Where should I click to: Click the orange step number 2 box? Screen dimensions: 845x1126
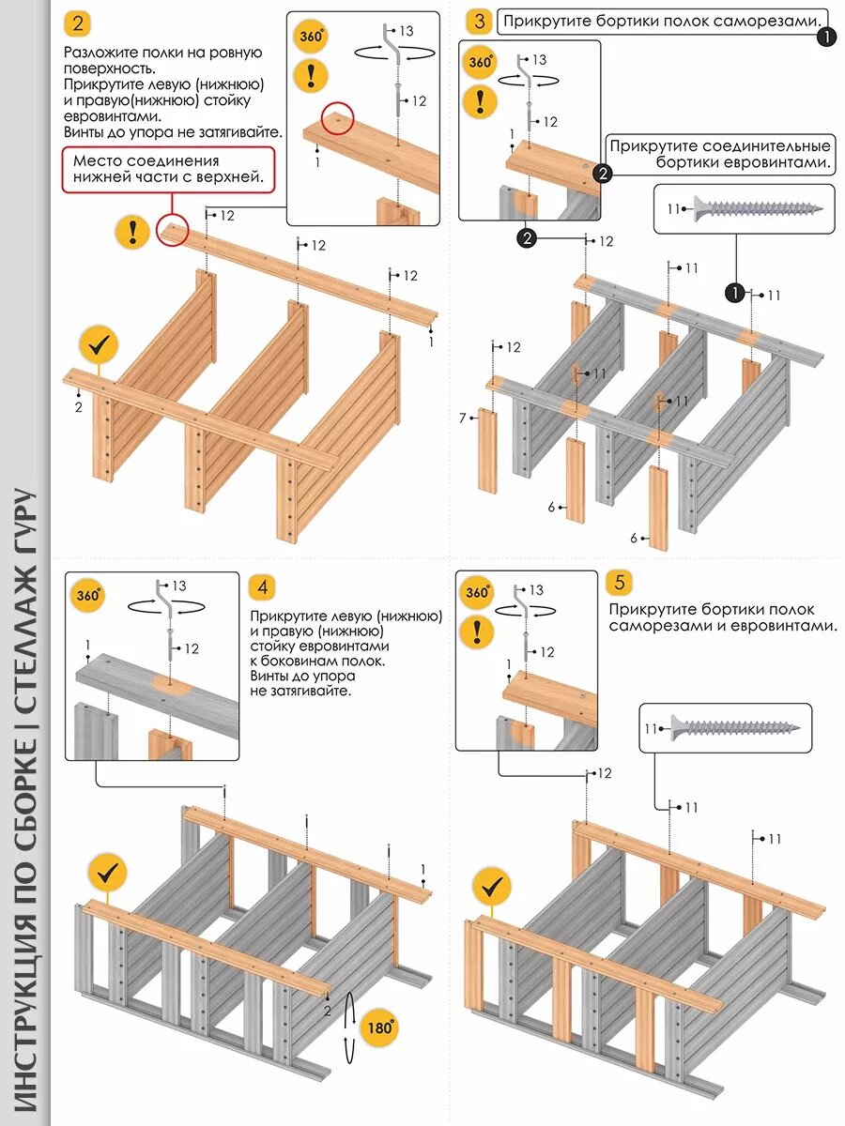(x=77, y=23)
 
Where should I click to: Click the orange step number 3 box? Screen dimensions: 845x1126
(x=481, y=22)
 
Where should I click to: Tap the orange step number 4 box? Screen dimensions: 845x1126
(x=263, y=587)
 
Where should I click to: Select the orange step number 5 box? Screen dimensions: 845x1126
(x=619, y=583)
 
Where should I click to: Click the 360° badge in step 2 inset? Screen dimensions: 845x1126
(x=312, y=38)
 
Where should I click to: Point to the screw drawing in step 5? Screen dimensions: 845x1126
(x=732, y=726)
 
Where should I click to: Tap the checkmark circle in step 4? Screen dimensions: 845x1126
(x=108, y=873)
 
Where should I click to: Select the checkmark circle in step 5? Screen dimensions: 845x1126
(x=491, y=885)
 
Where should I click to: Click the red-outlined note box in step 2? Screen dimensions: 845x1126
(x=169, y=169)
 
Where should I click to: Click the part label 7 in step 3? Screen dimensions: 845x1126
(x=464, y=418)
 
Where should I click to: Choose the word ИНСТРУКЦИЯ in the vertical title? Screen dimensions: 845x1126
(x=25, y=1023)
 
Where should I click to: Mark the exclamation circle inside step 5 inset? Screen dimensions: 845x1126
(x=479, y=630)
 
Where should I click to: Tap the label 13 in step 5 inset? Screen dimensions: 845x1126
(x=536, y=590)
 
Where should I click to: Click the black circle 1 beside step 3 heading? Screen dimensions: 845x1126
(x=826, y=37)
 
